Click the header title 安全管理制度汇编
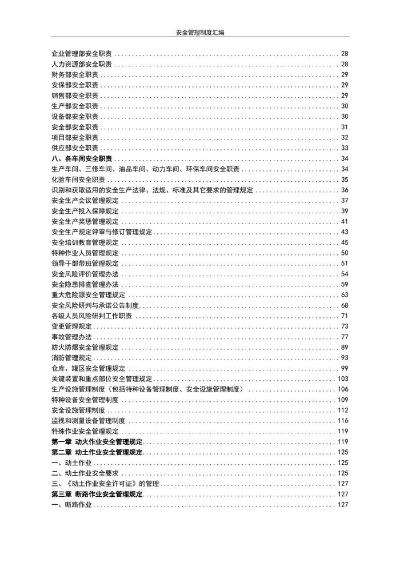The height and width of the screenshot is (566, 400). click(200, 33)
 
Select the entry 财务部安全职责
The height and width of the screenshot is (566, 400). click(75, 75)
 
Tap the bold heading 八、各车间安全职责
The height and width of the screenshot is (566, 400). click(82, 158)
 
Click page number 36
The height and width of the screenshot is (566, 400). click(345, 190)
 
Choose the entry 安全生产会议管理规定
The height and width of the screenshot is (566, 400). click(85, 200)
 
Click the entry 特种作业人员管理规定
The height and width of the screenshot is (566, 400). click(85, 253)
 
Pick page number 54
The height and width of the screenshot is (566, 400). click(345, 274)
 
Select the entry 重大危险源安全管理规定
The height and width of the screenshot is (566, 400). click(89, 295)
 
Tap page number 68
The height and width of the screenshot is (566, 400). click(345, 305)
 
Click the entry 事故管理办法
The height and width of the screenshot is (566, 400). click(71, 337)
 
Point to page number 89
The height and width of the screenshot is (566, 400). click(345, 347)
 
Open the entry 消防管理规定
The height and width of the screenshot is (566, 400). click(71, 358)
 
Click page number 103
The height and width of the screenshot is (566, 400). click(343, 378)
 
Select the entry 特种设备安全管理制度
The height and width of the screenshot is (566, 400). click(85, 400)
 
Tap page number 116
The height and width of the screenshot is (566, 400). click(343, 421)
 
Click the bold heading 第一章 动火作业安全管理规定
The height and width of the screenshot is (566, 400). click(97, 442)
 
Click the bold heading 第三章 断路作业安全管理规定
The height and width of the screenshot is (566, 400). click(97, 494)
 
